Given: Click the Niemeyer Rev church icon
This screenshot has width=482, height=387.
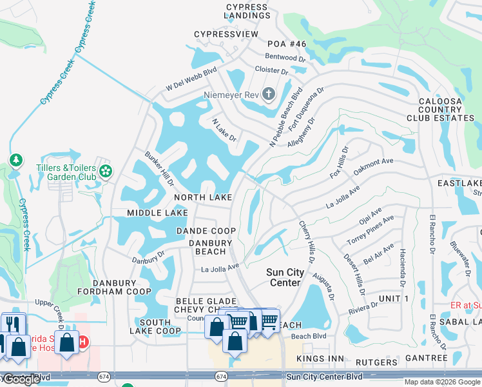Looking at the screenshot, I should (269, 95).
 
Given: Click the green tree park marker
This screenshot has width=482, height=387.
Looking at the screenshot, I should (15, 159).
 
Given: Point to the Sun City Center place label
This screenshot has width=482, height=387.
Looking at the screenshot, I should (284, 277).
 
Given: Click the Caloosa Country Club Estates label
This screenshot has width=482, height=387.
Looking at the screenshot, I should (440, 110).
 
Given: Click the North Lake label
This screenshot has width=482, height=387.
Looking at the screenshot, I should (203, 197).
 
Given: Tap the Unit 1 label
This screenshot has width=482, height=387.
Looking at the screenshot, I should (394, 298).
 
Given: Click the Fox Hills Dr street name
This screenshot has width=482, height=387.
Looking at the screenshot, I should (339, 164).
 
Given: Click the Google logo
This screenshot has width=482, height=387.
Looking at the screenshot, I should (21, 379).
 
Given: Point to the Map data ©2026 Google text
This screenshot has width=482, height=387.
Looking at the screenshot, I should (441, 382).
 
